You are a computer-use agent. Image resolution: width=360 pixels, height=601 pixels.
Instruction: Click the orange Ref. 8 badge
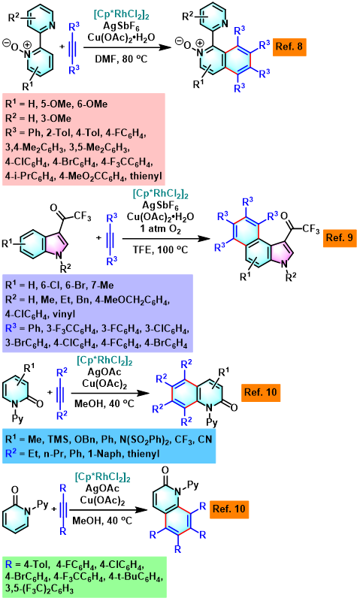[x=289, y=47]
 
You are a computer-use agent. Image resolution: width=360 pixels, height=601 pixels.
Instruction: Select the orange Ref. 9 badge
[x=340, y=237]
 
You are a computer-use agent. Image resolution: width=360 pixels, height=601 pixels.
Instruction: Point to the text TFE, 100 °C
[x=160, y=249]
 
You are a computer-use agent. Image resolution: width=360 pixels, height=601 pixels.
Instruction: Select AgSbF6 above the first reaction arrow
[x=122, y=27]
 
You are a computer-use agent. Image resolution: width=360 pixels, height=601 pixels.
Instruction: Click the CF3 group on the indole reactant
[x=83, y=216]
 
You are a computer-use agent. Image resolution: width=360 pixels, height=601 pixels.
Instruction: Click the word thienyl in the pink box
[x=147, y=176]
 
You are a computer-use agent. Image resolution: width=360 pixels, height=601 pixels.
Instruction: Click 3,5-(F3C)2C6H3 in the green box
[x=40, y=588]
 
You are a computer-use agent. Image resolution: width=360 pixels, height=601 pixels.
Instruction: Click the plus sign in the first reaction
[x=62, y=47]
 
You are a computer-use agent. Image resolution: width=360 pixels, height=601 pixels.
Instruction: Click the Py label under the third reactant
[x=17, y=418]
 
